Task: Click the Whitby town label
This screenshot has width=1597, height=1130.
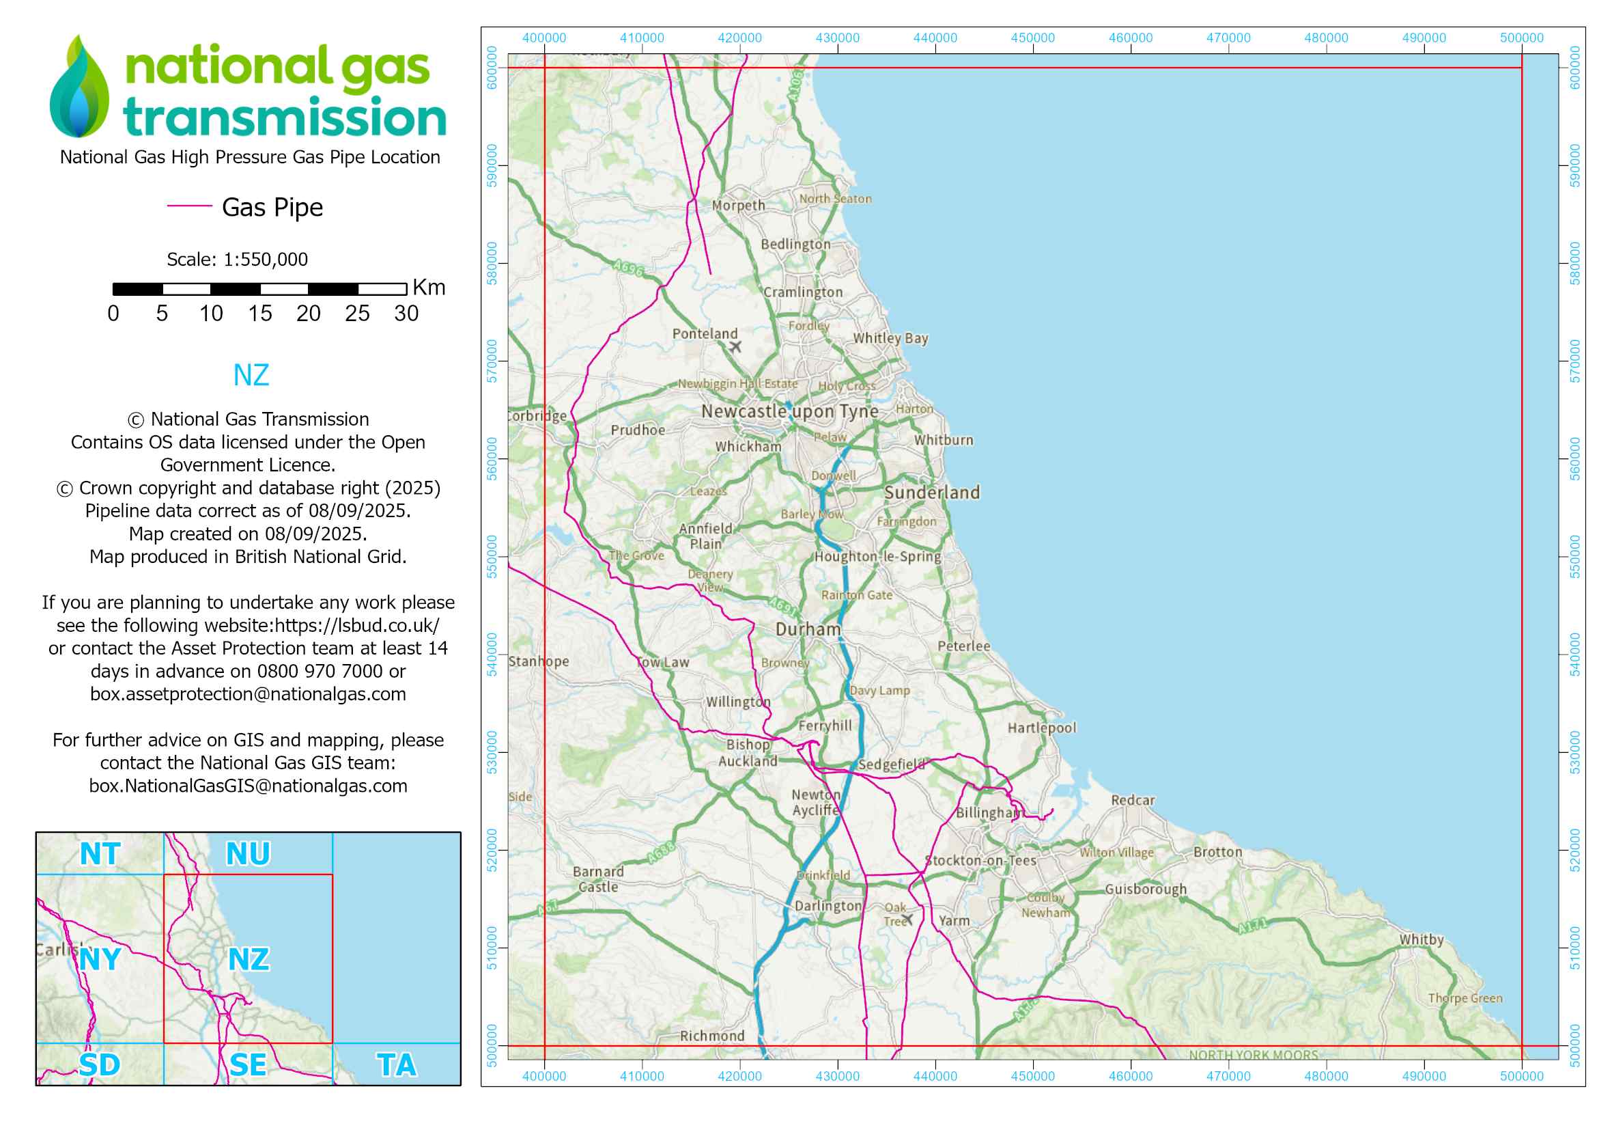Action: point(1421,940)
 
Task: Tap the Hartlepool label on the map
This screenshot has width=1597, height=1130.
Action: point(1041,728)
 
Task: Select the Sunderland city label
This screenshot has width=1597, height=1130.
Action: point(932,493)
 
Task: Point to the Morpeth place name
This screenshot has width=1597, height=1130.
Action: point(738,205)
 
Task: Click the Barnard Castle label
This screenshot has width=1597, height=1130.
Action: point(597,879)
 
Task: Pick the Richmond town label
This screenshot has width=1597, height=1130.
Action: point(711,1036)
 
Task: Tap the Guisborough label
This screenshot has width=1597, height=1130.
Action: point(1146,890)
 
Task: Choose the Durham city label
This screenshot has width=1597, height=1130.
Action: point(808,630)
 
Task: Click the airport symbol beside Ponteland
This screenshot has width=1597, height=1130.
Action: point(735,346)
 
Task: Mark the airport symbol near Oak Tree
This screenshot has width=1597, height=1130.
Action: point(907,920)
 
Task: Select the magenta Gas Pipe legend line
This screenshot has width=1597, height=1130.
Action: point(189,206)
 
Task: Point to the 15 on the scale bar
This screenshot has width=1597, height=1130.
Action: point(259,314)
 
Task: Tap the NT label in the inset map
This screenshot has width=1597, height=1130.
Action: point(100,855)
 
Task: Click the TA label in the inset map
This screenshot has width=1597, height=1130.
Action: point(397,1065)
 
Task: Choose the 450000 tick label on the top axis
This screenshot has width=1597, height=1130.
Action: point(1032,38)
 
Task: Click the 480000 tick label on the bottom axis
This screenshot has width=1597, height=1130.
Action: point(1326,1077)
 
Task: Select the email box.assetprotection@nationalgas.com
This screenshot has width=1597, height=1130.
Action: point(249,694)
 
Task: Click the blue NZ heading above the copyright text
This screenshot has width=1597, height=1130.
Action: point(251,376)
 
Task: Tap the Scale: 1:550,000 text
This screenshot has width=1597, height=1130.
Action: point(237,260)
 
